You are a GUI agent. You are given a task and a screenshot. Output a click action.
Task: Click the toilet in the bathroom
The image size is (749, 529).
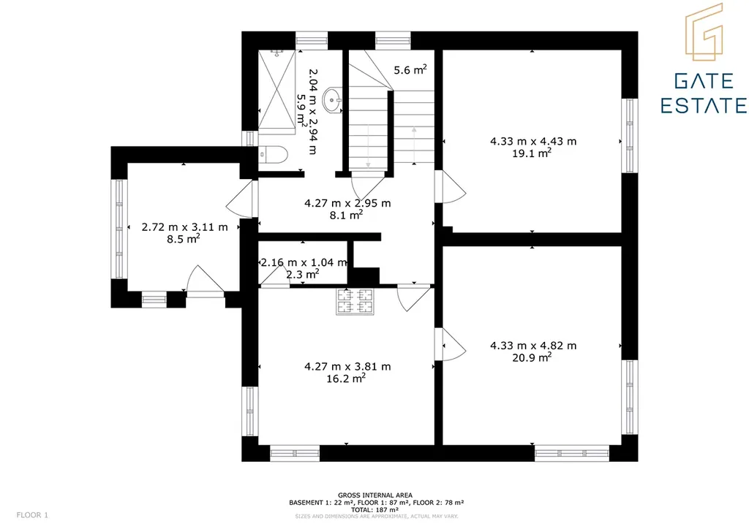tap(274, 155)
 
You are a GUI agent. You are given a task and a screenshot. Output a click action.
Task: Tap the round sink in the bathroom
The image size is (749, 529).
tap(333, 100)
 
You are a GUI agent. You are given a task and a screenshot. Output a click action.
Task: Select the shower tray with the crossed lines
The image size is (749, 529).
tap(277, 89)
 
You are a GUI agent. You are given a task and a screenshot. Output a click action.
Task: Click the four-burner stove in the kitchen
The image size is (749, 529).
tap(355, 302)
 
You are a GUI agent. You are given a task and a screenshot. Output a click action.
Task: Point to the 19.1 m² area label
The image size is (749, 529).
tap(532, 153)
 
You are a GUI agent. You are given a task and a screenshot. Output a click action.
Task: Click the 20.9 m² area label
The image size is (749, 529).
tap(532, 357)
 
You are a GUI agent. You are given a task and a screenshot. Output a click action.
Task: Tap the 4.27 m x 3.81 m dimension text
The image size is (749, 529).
tap(347, 367)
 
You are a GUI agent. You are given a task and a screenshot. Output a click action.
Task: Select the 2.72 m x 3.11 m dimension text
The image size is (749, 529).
tap(184, 227)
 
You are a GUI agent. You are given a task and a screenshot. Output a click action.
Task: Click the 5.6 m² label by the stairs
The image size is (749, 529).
tap(410, 70)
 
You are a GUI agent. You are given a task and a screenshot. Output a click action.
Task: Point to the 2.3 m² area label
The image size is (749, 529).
tap(302, 274)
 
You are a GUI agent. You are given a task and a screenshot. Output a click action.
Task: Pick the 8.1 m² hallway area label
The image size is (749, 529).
tap(346, 215)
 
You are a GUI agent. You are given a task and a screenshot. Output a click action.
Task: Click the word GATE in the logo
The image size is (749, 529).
tap(704, 81)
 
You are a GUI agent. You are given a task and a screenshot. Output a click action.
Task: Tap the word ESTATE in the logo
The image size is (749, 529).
tap(704, 105)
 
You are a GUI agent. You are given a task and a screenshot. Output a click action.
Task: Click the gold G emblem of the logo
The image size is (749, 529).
tap(704, 32)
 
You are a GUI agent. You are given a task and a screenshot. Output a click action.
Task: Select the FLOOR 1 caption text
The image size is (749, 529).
tap(32, 515)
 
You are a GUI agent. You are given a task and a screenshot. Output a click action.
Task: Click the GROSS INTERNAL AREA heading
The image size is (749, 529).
tap(375, 495)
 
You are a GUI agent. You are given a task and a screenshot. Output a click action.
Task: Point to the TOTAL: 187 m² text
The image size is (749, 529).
tap(375, 509)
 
